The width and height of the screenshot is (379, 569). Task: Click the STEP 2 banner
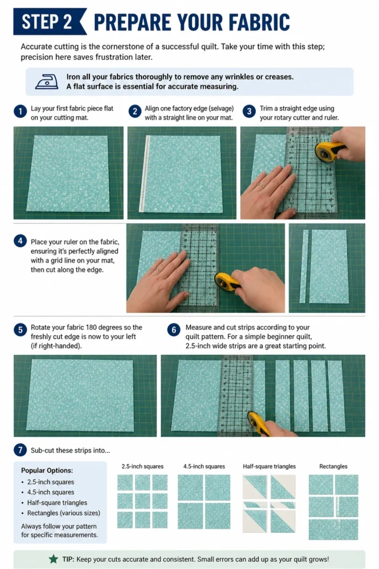click(x=49, y=22)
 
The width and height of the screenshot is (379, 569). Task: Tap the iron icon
click(x=47, y=82)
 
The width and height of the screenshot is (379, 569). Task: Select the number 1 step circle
click(x=21, y=111)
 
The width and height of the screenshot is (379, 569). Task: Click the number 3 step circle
click(x=249, y=111)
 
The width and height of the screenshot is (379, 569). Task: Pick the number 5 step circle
click(x=21, y=330)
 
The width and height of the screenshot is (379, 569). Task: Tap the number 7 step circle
click(x=21, y=450)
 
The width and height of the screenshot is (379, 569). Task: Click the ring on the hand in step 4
click(x=158, y=270)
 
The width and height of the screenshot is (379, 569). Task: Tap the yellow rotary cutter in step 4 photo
click(x=227, y=282)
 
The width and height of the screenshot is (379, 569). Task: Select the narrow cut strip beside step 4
click(x=304, y=266)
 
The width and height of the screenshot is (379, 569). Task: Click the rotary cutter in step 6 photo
click(x=259, y=423)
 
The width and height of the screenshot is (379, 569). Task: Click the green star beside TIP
click(x=53, y=559)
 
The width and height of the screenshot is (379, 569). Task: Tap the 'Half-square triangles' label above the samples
click(x=269, y=466)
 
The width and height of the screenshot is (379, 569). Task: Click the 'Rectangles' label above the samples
click(x=333, y=466)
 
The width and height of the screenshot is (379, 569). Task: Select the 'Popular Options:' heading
click(x=47, y=470)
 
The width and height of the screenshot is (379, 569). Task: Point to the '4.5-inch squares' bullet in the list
click(x=50, y=492)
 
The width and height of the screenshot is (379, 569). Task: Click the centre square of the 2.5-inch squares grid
click(x=143, y=501)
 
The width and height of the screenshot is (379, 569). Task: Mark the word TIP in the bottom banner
click(x=68, y=559)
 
